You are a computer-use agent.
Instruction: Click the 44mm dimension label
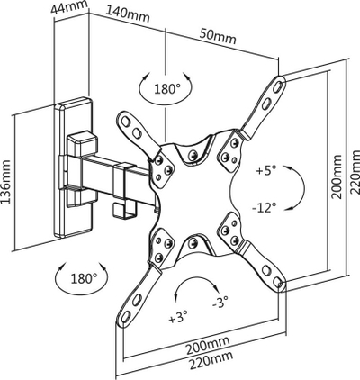point(69,7)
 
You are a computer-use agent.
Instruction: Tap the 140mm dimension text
point(128,14)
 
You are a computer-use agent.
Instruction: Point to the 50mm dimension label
point(218,36)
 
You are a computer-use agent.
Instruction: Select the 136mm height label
point(6,182)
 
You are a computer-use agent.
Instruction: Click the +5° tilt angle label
point(266,170)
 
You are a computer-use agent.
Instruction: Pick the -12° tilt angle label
point(265,207)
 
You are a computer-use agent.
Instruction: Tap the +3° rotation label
point(178,318)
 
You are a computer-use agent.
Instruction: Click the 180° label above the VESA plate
point(167,88)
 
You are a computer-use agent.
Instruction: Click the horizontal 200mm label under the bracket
point(208,345)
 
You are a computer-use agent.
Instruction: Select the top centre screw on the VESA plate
point(193,155)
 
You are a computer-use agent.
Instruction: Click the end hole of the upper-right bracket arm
point(278,86)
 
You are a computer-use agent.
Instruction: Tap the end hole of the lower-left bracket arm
point(124,316)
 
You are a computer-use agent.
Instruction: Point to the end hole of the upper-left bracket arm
point(126,121)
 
